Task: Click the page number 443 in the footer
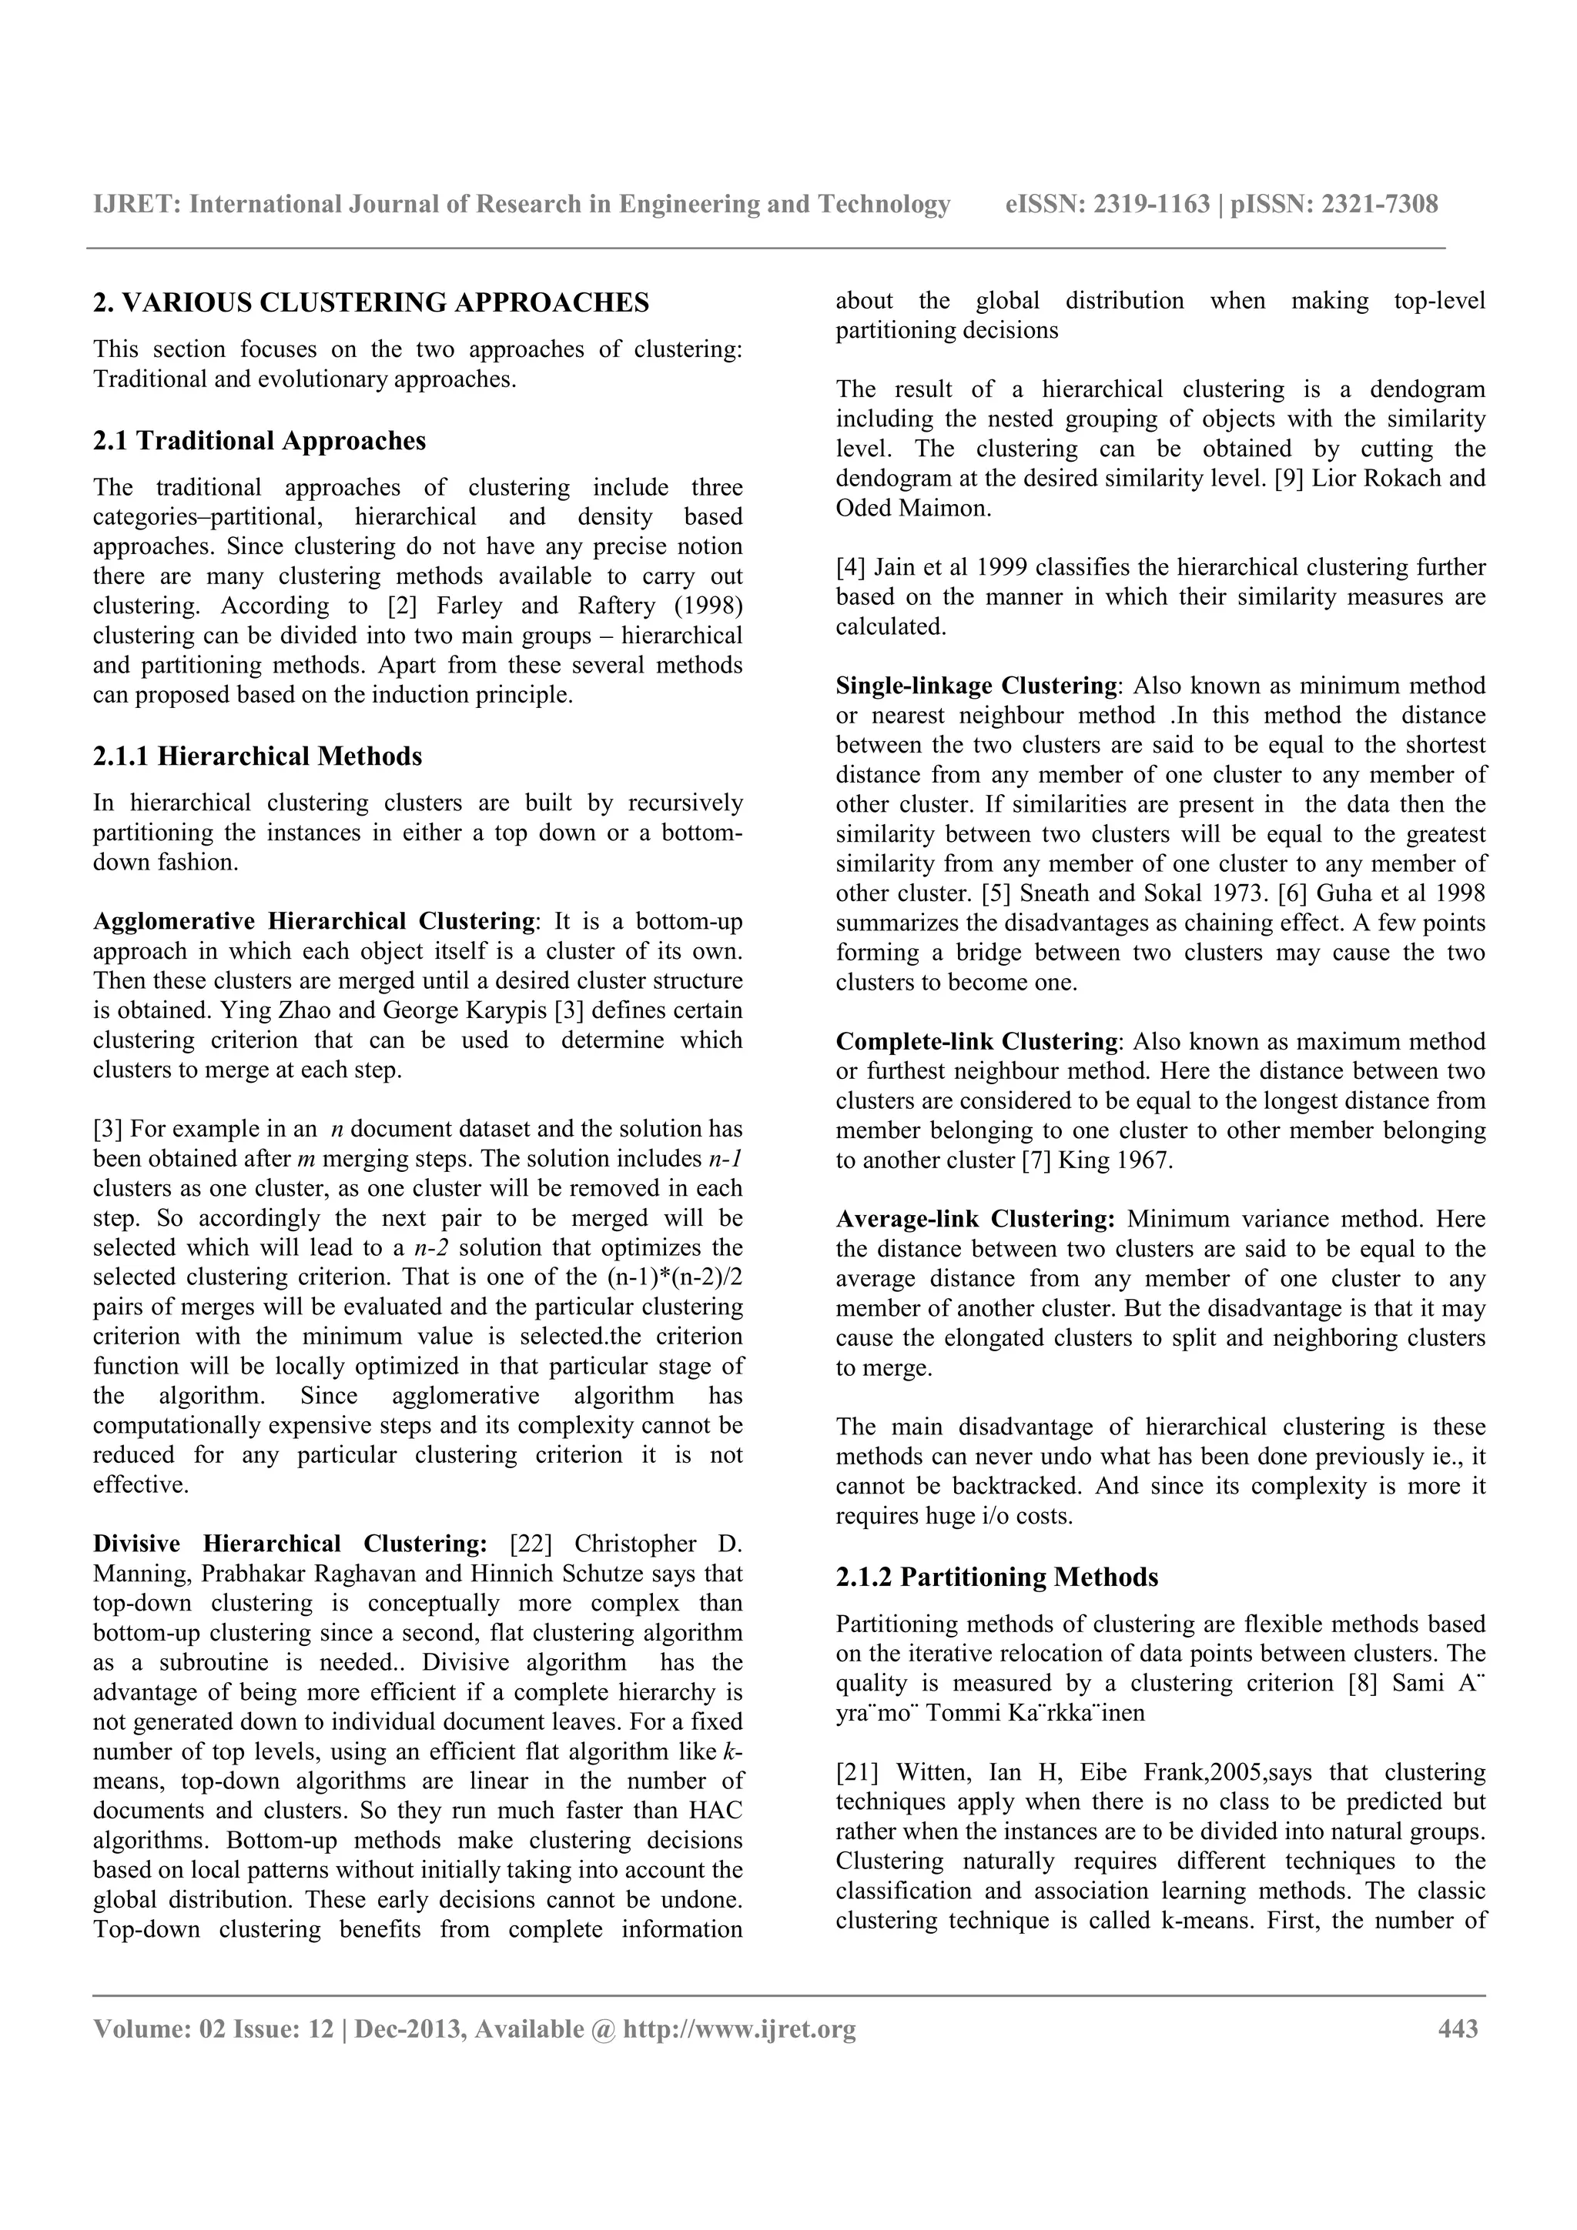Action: coord(1457,2029)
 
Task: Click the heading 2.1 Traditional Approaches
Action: coord(259,441)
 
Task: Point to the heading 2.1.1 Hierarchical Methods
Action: coord(257,756)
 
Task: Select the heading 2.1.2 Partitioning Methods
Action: coord(997,1577)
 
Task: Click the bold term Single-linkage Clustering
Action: coord(976,686)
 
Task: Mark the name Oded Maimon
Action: coord(912,508)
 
